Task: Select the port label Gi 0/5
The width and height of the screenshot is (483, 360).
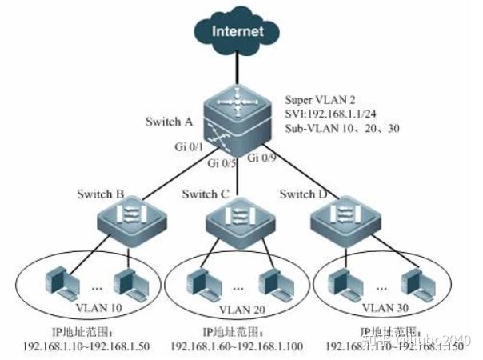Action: coord(222,164)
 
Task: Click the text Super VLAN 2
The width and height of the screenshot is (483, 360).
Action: coord(319,101)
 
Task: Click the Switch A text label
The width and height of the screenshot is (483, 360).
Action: coord(169,122)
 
